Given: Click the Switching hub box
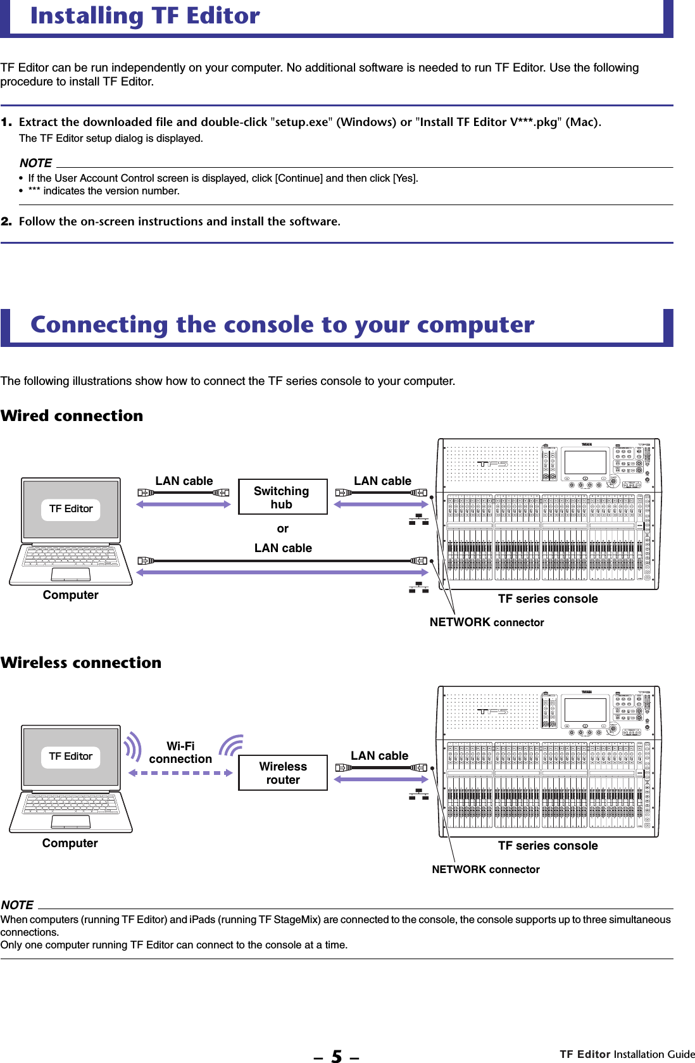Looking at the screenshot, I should click(x=282, y=497).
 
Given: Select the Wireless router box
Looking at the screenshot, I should click(x=283, y=772).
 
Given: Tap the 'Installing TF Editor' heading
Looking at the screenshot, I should click(x=145, y=15).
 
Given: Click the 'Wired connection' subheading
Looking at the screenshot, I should click(x=72, y=416).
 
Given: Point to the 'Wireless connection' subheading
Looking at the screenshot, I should click(x=81, y=663).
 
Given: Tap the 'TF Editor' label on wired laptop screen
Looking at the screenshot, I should click(x=71, y=509).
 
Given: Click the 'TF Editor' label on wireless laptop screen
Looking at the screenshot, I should click(x=71, y=757).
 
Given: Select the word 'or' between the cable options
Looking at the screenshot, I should click(x=282, y=529).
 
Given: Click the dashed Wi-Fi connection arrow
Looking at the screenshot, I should click(x=180, y=773).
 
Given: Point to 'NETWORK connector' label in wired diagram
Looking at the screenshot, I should click(x=486, y=622).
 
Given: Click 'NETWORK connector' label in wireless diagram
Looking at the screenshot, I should click(x=485, y=869).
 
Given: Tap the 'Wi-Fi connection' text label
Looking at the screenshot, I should click(x=180, y=753).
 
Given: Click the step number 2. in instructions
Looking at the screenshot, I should click(x=6, y=222).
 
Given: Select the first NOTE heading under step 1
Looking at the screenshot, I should click(x=35, y=163).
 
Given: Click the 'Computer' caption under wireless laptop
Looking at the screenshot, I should click(x=70, y=843).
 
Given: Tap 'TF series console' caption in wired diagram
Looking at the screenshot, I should click(x=548, y=599).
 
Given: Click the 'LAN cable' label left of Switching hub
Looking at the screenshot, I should click(x=184, y=481).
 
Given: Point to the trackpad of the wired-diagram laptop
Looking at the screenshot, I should click(x=71, y=574).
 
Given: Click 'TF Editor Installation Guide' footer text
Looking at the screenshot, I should click(x=627, y=1054).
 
